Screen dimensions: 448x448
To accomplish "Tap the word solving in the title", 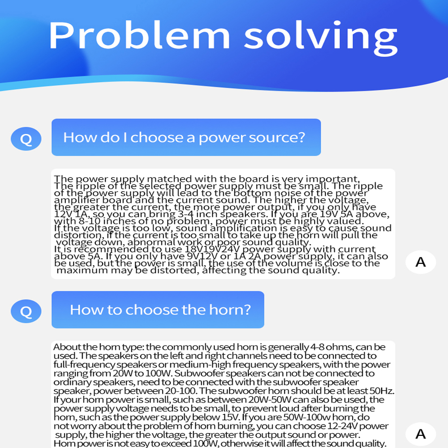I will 321,35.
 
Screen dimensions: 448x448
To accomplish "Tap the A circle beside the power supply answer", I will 421,261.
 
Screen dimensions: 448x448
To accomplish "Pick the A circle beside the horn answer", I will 421,434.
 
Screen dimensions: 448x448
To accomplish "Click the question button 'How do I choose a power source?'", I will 186,137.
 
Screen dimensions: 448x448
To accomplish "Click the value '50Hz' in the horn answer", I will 383,391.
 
